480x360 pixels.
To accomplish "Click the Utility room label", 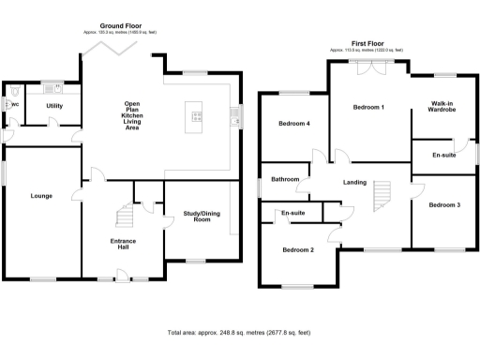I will (x=55, y=106).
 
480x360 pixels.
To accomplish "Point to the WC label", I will (x=14, y=104).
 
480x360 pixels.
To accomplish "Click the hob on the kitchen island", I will (x=198, y=116).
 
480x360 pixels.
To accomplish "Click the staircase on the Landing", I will (x=381, y=195).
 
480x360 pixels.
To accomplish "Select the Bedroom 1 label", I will (x=368, y=108).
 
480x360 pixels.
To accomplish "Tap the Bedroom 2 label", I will (x=298, y=250).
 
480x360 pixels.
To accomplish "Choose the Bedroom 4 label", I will (x=294, y=124).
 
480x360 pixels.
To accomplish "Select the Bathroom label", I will (x=285, y=179).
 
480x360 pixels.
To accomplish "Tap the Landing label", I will (x=355, y=182).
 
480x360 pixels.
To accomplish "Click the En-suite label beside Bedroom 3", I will (x=444, y=155).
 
